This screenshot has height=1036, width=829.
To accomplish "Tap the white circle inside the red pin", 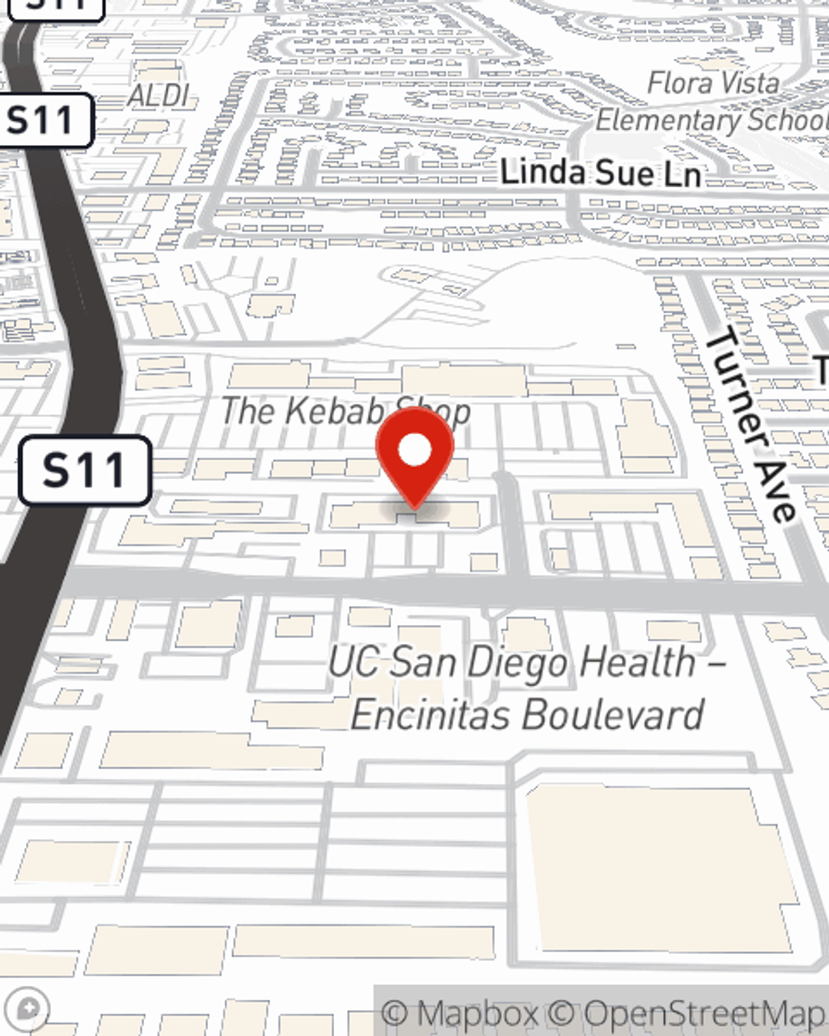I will point(414,451).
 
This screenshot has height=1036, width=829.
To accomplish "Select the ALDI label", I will point(158,95).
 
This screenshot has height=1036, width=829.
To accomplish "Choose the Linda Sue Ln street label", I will point(601,173).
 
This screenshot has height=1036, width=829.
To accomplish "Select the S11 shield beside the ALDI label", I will point(41,121).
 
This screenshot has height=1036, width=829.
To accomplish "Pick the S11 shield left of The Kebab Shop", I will point(85,471).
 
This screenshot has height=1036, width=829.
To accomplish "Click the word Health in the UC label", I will point(638,662).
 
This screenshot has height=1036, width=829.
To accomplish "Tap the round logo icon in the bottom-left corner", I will point(31,1009).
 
